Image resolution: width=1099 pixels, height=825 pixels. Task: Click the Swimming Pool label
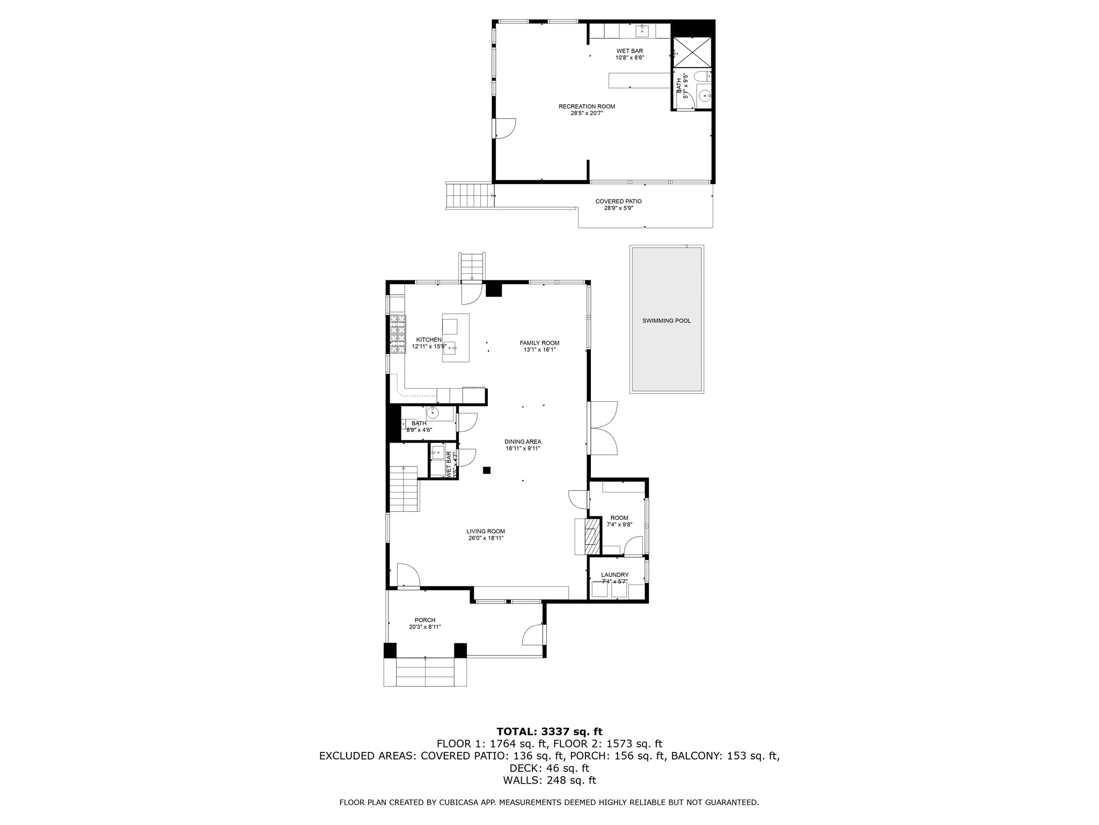click(x=666, y=321)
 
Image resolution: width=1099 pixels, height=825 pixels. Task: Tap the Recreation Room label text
click(x=587, y=106)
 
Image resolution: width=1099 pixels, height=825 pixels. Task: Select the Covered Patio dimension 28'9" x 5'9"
click(x=618, y=208)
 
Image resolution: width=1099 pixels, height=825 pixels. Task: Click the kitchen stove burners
click(x=398, y=335)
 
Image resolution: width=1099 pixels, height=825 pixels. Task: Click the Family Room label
click(x=539, y=343)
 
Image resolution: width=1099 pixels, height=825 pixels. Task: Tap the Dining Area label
click(x=523, y=442)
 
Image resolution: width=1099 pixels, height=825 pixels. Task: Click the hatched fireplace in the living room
click(x=592, y=536)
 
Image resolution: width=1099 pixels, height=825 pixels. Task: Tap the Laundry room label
click(x=614, y=575)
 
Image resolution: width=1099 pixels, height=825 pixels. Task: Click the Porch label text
click(x=425, y=620)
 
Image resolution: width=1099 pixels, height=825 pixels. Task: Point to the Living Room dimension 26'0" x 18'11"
click(x=485, y=538)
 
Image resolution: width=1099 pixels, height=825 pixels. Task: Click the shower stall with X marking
click(x=692, y=52)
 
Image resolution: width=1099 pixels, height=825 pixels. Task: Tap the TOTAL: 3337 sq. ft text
click(x=549, y=732)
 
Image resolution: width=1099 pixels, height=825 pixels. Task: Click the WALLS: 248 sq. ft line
click(x=549, y=780)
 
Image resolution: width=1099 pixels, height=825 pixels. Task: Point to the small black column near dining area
click(x=487, y=471)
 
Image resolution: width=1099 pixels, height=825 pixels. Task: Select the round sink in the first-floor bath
click(x=433, y=413)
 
